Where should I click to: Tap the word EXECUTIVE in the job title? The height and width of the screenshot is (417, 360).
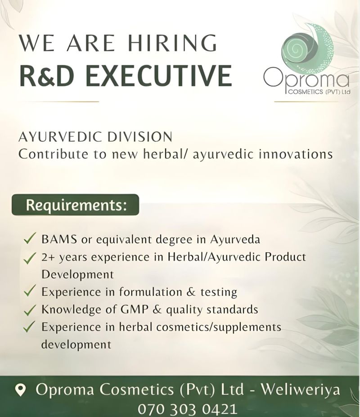point(158,76)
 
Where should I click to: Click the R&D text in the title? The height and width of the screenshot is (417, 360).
point(47,76)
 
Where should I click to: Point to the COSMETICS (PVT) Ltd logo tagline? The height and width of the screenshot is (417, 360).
point(319,92)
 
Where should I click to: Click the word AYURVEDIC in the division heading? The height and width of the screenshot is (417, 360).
point(60,137)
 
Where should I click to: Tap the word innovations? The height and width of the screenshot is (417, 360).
point(296,154)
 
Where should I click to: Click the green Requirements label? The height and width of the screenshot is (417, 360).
point(76,205)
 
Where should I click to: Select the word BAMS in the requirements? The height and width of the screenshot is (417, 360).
point(59,240)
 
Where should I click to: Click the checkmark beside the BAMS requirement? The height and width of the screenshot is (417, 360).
point(30,238)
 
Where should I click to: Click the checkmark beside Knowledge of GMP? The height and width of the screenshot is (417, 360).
point(30,310)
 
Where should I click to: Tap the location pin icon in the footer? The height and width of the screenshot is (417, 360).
point(20,390)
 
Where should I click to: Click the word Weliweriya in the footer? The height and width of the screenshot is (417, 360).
point(301,390)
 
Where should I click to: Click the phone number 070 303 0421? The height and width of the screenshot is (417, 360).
point(187,409)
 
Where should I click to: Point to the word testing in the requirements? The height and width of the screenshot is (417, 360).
point(219,292)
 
